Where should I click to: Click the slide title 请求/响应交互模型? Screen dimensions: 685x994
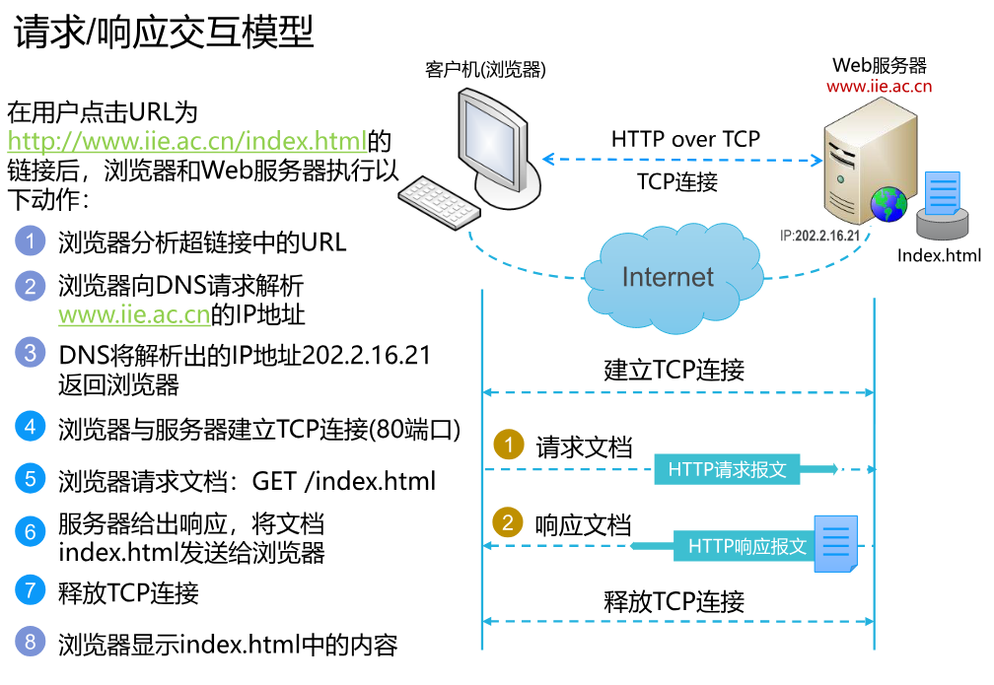pos(164,33)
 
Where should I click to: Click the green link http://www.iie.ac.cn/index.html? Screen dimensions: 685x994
pos(187,140)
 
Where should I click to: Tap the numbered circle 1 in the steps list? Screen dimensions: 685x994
pos(31,240)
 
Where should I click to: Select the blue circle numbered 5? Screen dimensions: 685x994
pos(31,480)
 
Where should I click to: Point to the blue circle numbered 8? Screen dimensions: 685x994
pos(31,644)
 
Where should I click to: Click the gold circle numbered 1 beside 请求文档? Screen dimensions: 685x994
pos(509,445)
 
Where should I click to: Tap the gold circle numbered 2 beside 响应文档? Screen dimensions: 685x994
pos(509,522)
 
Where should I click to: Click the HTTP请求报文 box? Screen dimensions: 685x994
pos(728,469)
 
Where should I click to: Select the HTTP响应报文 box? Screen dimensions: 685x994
pos(746,545)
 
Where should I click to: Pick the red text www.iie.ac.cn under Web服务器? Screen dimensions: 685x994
pos(879,87)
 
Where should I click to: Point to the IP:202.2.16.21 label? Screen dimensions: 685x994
pos(819,237)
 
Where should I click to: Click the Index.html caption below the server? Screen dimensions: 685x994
pos(939,256)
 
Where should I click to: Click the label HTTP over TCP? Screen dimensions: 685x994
pos(685,139)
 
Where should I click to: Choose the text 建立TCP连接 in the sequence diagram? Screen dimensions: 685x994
pos(674,371)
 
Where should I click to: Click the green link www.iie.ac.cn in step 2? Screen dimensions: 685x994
pos(134,315)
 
